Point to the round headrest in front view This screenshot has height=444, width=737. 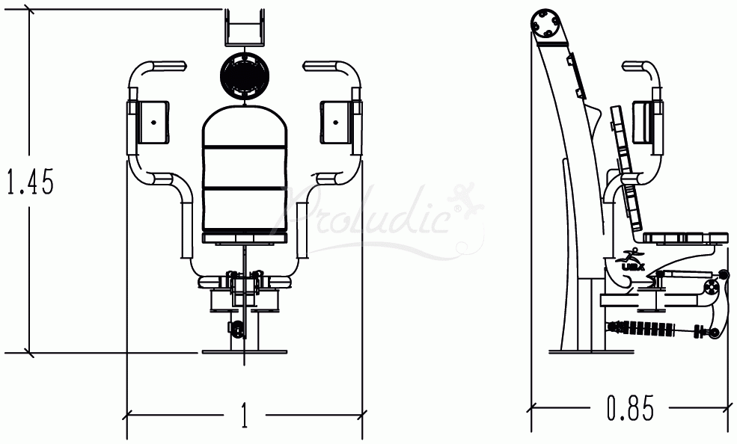(x=245, y=75)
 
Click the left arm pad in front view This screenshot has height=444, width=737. (x=151, y=121)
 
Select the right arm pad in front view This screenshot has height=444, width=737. (x=337, y=121)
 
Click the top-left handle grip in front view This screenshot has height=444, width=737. (x=167, y=67)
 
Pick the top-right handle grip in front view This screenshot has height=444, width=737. (x=322, y=67)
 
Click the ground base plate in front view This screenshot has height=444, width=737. (x=245, y=351)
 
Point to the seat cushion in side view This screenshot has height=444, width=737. (x=685, y=238)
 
